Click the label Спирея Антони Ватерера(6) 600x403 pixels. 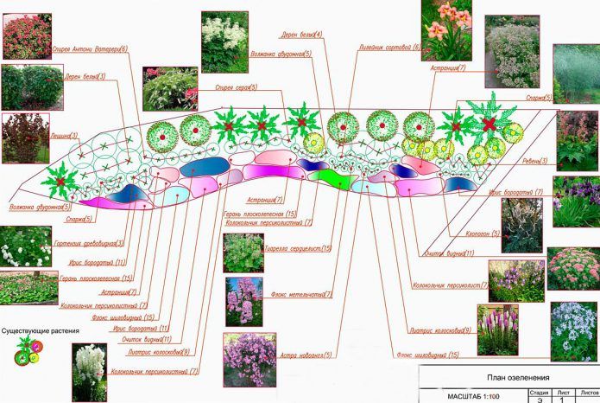(89, 49)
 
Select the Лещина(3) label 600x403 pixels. (63, 136)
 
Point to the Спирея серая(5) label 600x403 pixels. (234, 87)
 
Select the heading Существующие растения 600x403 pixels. (41, 331)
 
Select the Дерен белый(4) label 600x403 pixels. (301, 35)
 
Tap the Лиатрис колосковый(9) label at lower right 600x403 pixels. (442, 330)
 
